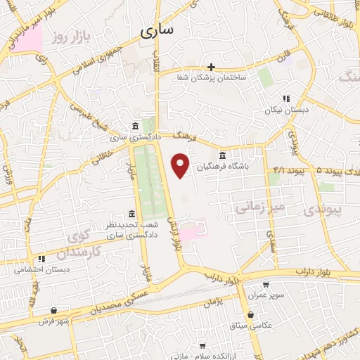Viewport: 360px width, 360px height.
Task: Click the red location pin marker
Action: tap(181, 165)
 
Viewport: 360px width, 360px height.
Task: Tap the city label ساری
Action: tap(157, 30)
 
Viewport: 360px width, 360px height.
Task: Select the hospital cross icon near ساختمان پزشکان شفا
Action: tap(210, 67)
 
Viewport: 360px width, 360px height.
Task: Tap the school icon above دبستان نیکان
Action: tap(285, 99)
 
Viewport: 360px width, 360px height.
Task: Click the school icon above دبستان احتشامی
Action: tap(42, 259)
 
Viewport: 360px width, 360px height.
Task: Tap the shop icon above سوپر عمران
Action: tap(266, 285)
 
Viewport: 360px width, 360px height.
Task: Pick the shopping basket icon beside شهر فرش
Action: tap(54, 309)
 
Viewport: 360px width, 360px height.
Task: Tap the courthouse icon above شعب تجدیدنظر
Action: tap(131, 214)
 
